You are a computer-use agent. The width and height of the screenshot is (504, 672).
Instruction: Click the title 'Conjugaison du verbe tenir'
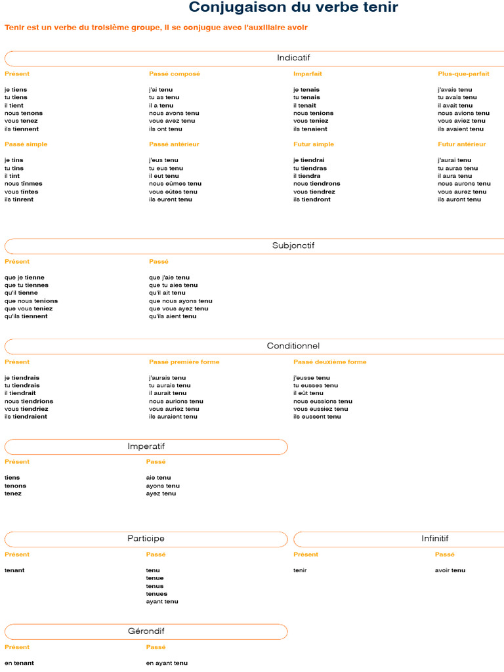click(293, 7)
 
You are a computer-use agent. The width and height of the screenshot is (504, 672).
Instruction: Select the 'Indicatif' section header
click(293, 58)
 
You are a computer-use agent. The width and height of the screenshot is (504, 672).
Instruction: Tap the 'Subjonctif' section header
click(293, 246)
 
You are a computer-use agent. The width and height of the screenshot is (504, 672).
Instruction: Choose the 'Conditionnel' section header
click(293, 346)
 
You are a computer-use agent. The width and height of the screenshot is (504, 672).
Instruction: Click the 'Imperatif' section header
click(146, 447)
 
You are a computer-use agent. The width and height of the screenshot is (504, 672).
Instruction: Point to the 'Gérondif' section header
click(146, 631)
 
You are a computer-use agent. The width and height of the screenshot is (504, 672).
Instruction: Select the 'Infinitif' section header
click(435, 539)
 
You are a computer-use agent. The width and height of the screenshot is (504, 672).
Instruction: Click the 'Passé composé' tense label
click(175, 74)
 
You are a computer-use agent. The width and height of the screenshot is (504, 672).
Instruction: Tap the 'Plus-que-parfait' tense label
click(463, 74)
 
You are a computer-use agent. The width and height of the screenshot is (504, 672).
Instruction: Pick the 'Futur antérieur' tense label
click(462, 144)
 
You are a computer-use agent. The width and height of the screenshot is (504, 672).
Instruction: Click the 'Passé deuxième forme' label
click(330, 362)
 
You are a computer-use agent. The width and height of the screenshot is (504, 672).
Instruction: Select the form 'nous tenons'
click(24, 113)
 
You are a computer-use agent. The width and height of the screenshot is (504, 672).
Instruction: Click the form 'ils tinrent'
click(19, 199)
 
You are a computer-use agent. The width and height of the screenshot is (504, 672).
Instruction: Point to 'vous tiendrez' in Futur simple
click(314, 192)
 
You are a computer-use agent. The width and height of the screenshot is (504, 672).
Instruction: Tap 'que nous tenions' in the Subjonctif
click(31, 301)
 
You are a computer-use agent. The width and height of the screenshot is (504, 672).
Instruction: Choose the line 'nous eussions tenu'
click(323, 402)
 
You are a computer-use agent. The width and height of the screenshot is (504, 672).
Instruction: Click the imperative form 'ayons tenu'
click(163, 486)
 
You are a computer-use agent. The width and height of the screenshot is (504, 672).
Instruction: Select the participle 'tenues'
click(157, 594)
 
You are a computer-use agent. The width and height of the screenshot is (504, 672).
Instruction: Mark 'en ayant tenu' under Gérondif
click(167, 663)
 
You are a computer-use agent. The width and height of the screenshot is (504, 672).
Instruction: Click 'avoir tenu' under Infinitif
click(450, 570)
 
